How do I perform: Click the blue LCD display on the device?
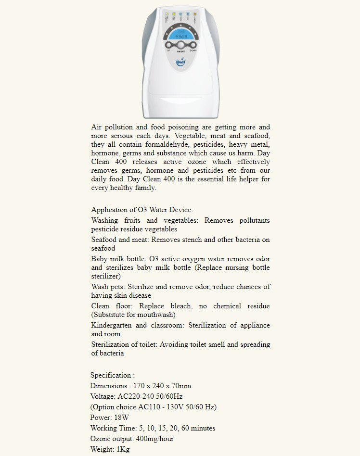(x=181, y=35)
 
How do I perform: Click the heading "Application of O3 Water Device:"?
(x=142, y=210)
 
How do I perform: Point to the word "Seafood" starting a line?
(x=103, y=240)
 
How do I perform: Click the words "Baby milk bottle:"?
(x=119, y=259)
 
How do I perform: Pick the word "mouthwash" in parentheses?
(x=156, y=315)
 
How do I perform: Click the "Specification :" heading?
(x=113, y=375)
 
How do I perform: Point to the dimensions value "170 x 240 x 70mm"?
(x=161, y=386)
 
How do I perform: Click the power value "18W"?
(x=122, y=418)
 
